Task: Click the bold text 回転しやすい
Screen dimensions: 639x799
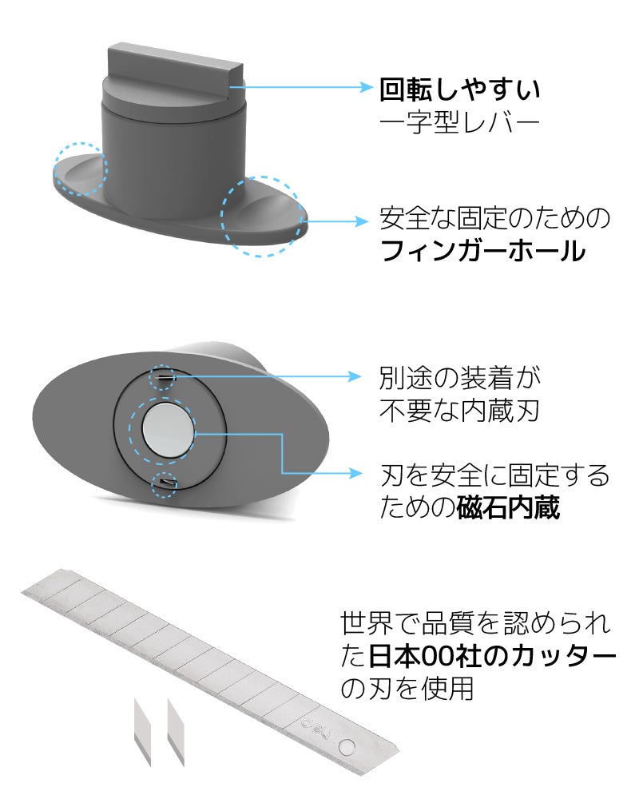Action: (x=459, y=89)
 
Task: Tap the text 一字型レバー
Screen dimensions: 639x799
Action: (x=459, y=122)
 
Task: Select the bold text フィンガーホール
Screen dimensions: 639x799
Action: (x=482, y=251)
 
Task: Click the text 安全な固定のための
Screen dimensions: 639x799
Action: (x=494, y=218)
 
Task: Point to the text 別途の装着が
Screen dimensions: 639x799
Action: (x=459, y=378)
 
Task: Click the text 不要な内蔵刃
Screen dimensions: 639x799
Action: (x=459, y=410)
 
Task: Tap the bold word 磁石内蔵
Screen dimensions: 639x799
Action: (x=508, y=507)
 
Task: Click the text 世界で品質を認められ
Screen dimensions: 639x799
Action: (x=476, y=623)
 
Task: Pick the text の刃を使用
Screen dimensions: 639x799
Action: (x=407, y=689)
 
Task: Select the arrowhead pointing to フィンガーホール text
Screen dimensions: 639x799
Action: (x=361, y=221)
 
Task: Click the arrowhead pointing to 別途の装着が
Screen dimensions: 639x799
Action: (x=355, y=376)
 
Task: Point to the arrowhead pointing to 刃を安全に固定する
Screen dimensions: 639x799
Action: (x=355, y=473)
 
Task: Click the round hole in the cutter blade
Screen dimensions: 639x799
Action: (x=347, y=747)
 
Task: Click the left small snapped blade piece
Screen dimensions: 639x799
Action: (x=142, y=732)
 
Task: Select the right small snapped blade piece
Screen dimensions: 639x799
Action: (x=176, y=732)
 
